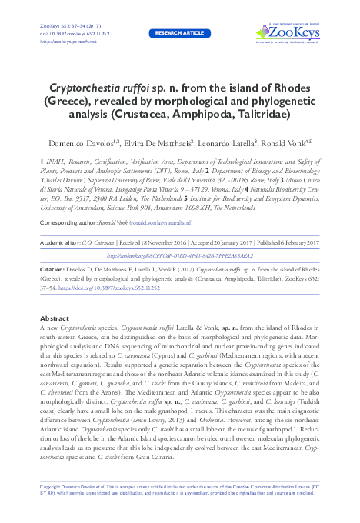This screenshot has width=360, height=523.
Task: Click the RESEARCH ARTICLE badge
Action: click(x=180, y=34)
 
